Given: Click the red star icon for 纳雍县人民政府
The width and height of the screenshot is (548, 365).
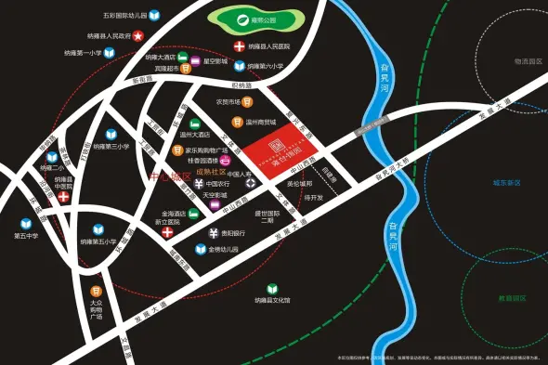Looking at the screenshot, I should [137, 35].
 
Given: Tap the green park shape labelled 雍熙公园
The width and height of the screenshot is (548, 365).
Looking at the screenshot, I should [248, 19].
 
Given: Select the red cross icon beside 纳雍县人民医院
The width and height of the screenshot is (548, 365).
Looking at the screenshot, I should [239, 46].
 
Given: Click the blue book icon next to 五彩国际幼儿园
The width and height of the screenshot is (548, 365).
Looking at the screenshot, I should [154, 16].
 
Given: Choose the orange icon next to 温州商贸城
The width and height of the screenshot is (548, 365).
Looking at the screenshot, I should [236, 122].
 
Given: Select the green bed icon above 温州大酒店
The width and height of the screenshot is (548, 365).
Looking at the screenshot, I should [195, 124].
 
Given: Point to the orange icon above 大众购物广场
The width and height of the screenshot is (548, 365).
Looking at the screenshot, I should [95, 289].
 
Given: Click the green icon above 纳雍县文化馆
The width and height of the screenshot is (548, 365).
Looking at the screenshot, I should [272, 289].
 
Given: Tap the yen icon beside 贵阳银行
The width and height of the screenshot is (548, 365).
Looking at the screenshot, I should [213, 233].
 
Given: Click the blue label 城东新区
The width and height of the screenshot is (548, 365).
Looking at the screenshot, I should [506, 182].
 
